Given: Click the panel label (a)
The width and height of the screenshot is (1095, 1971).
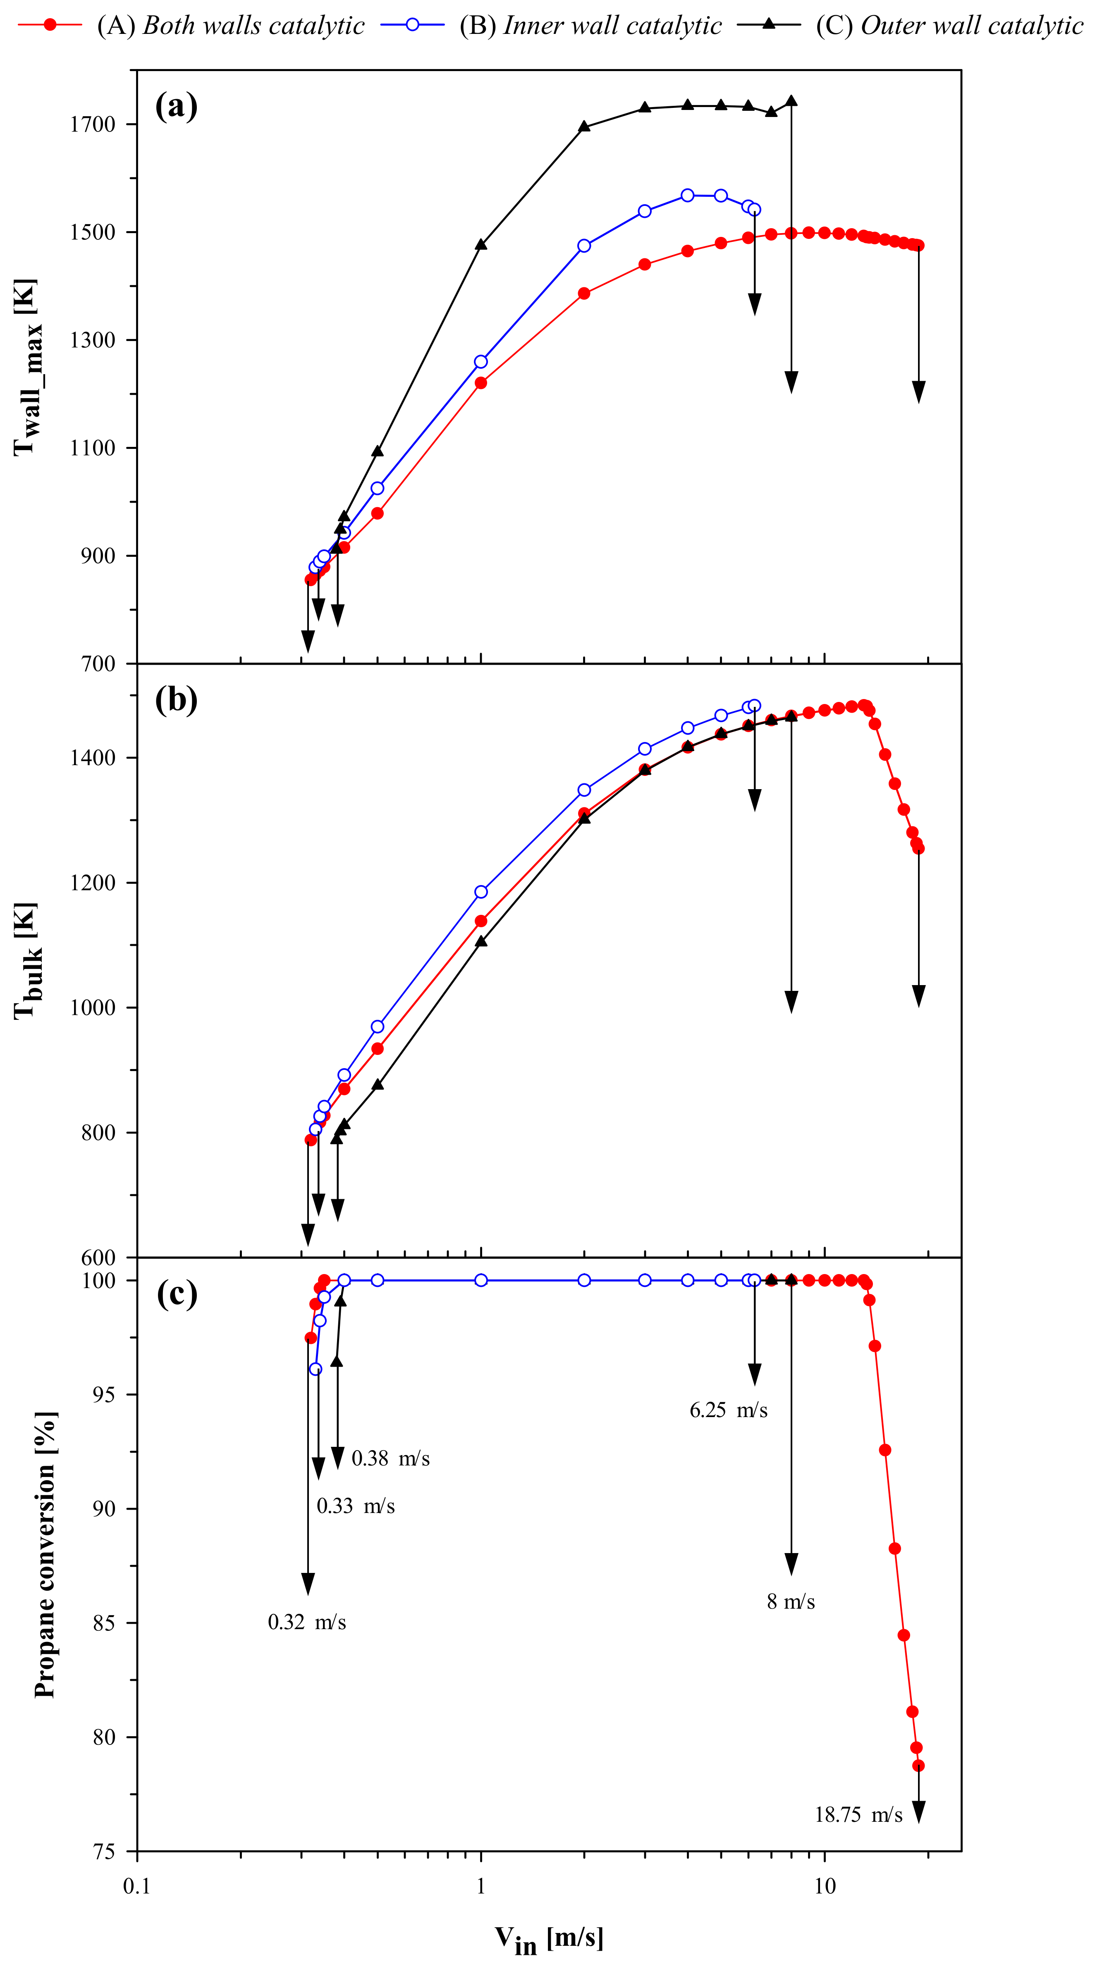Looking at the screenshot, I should tap(176, 105).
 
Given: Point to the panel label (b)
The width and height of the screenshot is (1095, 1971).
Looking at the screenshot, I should tap(176, 699).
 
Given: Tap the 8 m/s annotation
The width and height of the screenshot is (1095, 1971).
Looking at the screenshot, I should tap(791, 1601).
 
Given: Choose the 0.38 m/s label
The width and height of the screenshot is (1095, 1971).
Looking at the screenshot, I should tap(390, 1458).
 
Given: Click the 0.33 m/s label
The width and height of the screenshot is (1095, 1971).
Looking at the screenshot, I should tap(355, 1506).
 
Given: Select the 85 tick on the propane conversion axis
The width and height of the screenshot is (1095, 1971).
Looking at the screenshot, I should tap(104, 1623).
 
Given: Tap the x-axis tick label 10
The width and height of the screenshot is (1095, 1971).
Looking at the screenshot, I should tap(824, 1887).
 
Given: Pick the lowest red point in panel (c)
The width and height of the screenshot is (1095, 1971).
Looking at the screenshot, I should tap(918, 1766).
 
